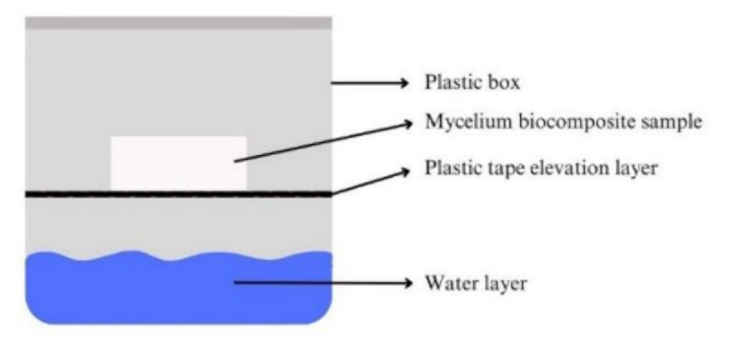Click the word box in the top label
pos(504,82)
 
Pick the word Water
pos(449,283)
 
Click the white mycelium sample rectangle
pos(178,163)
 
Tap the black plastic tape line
pos(178,194)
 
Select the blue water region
pos(178,287)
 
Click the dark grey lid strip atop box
pos(178,23)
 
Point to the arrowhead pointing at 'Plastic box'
pos(404,83)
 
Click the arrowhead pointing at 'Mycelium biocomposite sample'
pos(407,123)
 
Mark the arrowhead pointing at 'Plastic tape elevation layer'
pos(405,172)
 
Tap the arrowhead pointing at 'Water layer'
pos(406,282)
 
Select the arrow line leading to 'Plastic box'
pos(371,83)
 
